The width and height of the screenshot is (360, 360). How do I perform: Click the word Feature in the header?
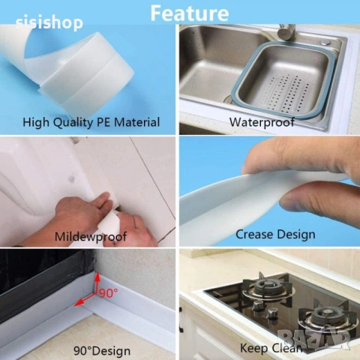[190, 13]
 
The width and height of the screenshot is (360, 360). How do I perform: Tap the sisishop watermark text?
[49, 22]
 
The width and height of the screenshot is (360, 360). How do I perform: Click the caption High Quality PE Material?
[91, 122]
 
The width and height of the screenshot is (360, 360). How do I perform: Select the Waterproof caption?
[262, 122]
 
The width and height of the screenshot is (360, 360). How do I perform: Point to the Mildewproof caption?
[91, 237]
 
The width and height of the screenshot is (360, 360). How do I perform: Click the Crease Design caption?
[275, 235]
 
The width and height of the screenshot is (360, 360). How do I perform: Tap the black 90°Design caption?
[102, 351]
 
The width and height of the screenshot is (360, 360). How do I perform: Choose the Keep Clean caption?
[271, 348]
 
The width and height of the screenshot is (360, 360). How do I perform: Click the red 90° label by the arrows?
[108, 292]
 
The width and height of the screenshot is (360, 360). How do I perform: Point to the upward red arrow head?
[97, 276]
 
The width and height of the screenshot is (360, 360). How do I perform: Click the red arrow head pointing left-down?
[78, 303]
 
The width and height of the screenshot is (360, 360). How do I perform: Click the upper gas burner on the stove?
[267, 287]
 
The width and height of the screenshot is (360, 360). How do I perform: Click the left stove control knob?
[257, 304]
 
